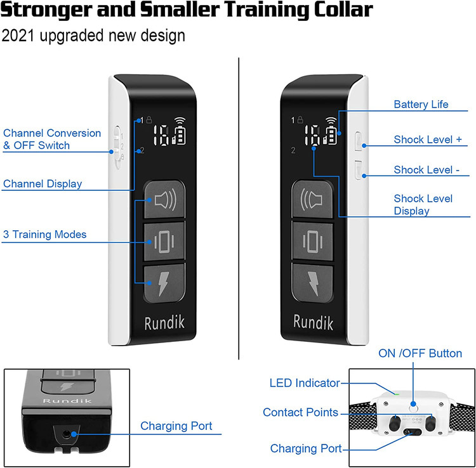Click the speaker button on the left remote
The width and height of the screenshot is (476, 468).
click(x=164, y=199)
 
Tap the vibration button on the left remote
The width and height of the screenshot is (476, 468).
click(x=164, y=242)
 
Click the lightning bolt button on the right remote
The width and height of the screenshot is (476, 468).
click(x=312, y=283)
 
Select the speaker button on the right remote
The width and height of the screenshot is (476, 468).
click(x=312, y=199)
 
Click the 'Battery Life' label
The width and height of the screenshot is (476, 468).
click(x=421, y=105)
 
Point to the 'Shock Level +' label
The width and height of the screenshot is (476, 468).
click(x=428, y=140)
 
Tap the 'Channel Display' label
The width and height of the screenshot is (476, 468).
click(x=43, y=184)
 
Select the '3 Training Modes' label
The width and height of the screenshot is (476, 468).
click(x=44, y=235)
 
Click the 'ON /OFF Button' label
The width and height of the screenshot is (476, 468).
click(x=420, y=353)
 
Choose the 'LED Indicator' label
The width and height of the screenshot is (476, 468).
click(x=305, y=383)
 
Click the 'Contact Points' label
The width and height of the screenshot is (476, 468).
click(x=301, y=412)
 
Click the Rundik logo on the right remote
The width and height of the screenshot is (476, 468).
click(x=314, y=322)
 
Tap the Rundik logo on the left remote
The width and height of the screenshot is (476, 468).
click(x=164, y=323)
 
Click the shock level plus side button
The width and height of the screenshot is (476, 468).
click(x=359, y=141)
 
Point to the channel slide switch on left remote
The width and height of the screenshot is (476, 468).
click(x=117, y=147)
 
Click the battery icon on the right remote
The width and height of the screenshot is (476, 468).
click(x=332, y=136)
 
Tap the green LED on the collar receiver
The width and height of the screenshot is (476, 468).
click(x=396, y=394)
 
